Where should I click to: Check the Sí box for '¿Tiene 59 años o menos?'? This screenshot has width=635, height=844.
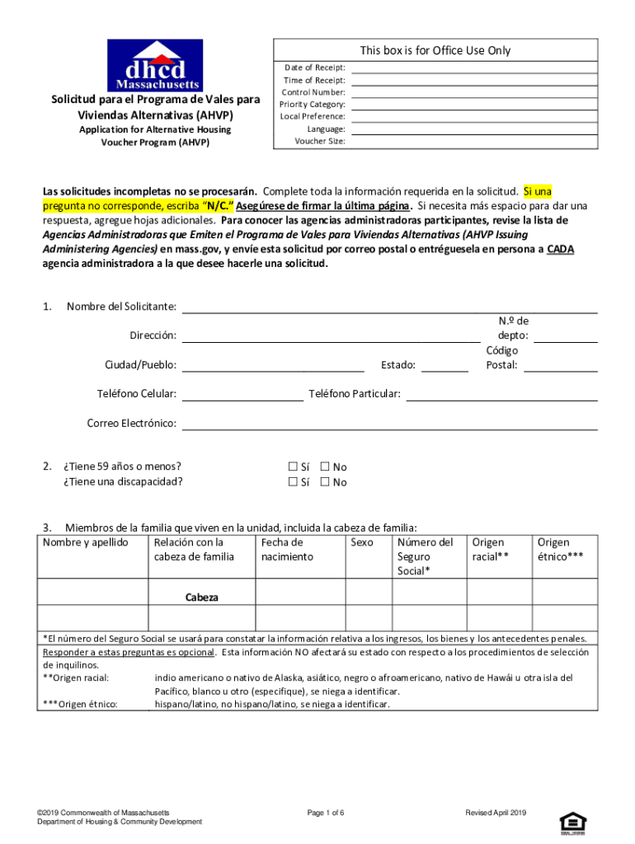pyautogui.click(x=293, y=467)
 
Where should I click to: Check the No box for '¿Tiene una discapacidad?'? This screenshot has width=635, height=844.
pyautogui.click(x=325, y=482)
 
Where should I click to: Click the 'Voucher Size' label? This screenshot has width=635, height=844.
pyautogui.click(x=320, y=141)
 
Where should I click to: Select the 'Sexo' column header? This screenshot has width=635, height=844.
pyautogui.click(x=361, y=542)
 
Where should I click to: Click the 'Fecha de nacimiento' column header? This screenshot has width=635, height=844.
pyautogui.click(x=286, y=550)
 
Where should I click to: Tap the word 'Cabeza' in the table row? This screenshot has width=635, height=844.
pyautogui.click(x=202, y=597)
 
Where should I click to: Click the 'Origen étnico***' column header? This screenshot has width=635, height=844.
pyautogui.click(x=560, y=550)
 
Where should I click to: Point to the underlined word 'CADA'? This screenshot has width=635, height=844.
pyautogui.click(x=560, y=250)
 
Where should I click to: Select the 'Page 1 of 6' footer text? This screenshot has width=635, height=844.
pyautogui.click(x=325, y=813)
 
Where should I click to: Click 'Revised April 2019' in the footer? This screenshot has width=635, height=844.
pyautogui.click(x=495, y=813)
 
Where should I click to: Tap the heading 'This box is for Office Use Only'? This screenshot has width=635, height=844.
pyautogui.click(x=435, y=51)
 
